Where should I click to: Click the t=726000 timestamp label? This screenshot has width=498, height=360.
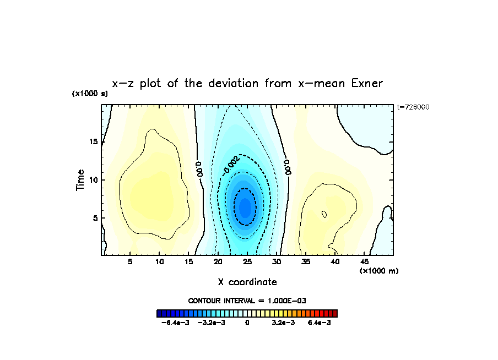pyautogui.click(x=413, y=107)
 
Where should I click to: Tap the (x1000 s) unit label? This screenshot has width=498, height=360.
pyautogui.click(x=90, y=94)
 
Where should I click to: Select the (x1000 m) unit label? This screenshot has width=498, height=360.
pyautogui.click(x=379, y=271)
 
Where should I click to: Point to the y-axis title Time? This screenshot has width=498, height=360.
pyautogui.click(x=80, y=179)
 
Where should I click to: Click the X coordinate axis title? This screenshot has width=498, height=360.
pyautogui.click(x=247, y=282)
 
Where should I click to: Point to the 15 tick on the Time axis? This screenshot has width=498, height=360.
pyautogui.click(x=93, y=142)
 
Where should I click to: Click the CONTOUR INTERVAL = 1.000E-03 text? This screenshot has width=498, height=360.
pyautogui.click(x=247, y=301)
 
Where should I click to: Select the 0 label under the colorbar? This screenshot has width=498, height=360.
pyautogui.click(x=247, y=322)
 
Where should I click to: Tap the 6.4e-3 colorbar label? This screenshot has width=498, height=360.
pyautogui.click(x=319, y=322)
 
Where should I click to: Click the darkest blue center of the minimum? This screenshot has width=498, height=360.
pyautogui.click(x=245, y=207)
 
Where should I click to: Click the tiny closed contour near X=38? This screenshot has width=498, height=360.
pyautogui.click(x=324, y=214)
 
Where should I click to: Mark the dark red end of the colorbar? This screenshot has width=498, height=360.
pyautogui.click(x=334, y=313)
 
